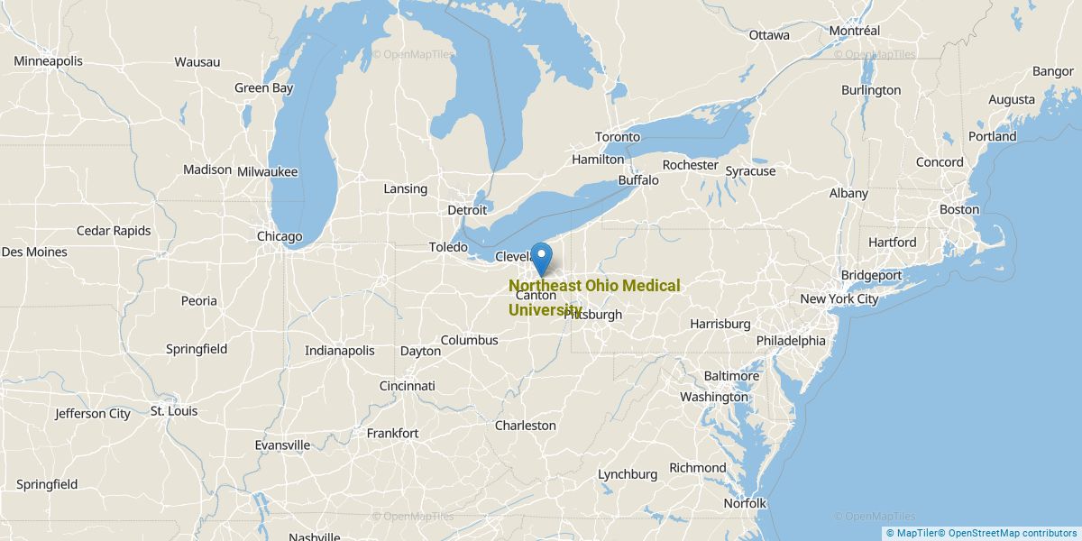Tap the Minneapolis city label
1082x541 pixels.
pos(48,61)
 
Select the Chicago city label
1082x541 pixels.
pos(280,237)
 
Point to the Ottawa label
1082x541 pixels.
pos(769,35)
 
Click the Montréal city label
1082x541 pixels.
pos(854,31)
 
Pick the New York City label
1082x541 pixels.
pos(839,299)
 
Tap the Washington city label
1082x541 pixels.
pos(714,397)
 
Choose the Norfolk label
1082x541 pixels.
pos(744,503)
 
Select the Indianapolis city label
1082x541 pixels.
pos(339,351)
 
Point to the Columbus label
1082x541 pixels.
pos(469,340)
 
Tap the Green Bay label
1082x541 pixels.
pos(263,88)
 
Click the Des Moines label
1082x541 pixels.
pos(34,252)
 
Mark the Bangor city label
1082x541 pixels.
pos(1053,71)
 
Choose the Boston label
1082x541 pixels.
pos(958,209)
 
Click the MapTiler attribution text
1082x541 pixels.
pos(912,533)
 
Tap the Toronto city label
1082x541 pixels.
pos(618,137)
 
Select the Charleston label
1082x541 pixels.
pos(526,426)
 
